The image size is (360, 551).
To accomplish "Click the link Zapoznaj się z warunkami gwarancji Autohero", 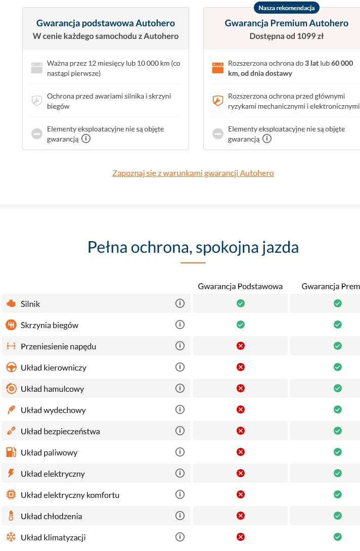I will tap(193, 173).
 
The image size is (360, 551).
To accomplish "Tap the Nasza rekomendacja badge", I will tap(286, 8).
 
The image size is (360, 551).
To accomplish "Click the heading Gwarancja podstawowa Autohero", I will tap(106, 23).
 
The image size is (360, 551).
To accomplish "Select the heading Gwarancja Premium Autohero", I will tap(287, 23).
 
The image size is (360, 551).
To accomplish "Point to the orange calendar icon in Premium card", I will tap(217, 68).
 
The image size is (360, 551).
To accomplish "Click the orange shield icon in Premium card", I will tap(217, 101).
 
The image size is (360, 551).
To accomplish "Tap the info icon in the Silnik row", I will tap(179, 303).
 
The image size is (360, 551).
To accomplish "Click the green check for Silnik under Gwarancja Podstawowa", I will tap(241, 303).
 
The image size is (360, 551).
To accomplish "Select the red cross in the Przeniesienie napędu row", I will tap(241, 346).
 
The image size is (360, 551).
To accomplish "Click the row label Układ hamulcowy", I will tap(52, 389).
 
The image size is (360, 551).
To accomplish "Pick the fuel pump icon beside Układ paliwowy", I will tap(11, 452).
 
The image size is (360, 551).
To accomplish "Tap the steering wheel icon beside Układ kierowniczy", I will tap(11, 367).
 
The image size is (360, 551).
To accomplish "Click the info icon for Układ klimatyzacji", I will tap(179, 537).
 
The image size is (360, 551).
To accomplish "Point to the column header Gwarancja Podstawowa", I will tap(240, 286).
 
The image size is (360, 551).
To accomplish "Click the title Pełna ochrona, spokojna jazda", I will tap(193, 247).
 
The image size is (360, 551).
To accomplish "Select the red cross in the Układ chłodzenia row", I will tap(241, 516).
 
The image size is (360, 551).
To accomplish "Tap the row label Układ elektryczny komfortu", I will tap(70, 495).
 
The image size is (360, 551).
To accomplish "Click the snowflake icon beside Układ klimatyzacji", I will tap(11, 537).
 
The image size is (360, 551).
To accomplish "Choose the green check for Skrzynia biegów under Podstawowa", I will tap(241, 325).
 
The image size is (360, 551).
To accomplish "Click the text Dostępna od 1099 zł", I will tap(286, 36).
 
